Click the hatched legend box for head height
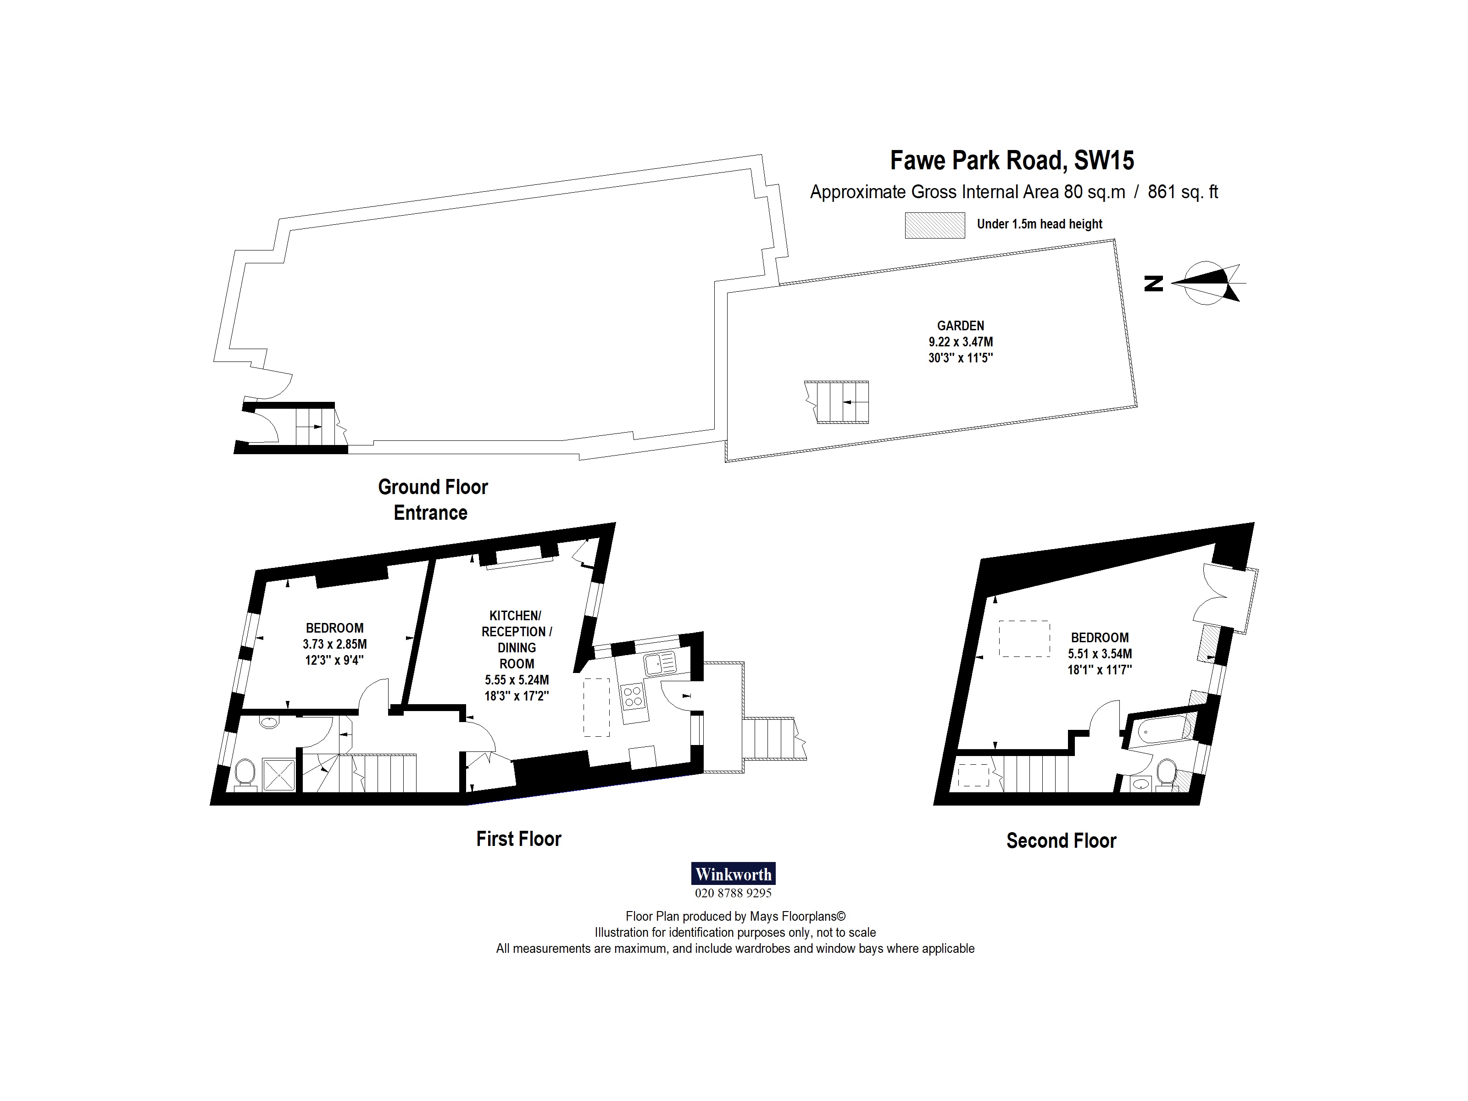(x=934, y=225)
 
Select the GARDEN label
(x=960, y=326)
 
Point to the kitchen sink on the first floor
(x=660, y=662)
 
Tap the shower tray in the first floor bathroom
(x=279, y=774)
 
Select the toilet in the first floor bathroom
(x=245, y=774)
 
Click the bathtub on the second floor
(x=1165, y=730)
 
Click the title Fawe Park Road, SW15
(x=1012, y=161)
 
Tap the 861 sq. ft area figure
(x=1183, y=193)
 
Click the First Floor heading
(x=518, y=839)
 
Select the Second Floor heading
(x=1061, y=841)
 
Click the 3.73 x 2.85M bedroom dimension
(x=334, y=644)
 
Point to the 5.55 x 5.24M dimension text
(x=516, y=679)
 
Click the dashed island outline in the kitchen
(x=596, y=707)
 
